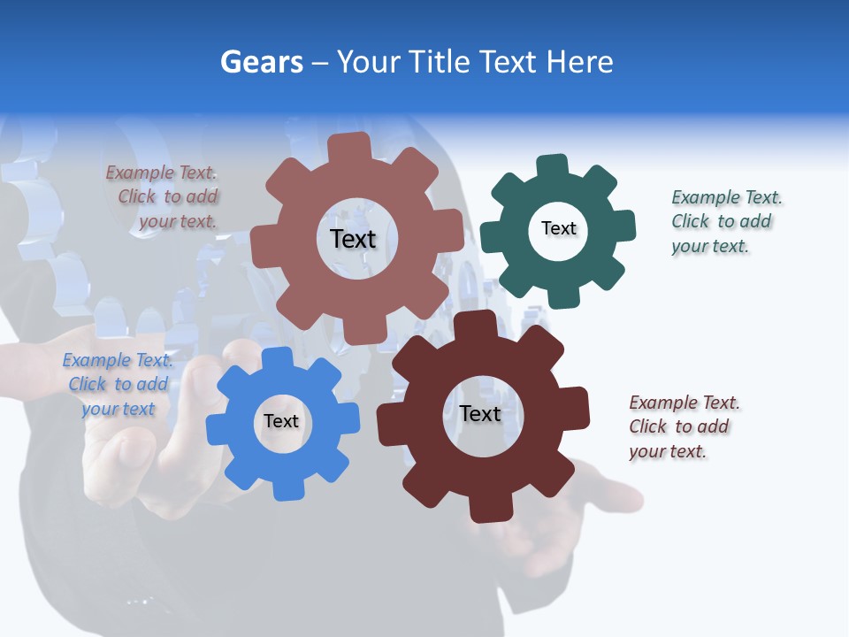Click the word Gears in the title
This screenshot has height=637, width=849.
(x=262, y=62)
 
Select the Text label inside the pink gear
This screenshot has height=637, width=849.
(x=353, y=239)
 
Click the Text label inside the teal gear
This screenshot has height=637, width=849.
(x=558, y=228)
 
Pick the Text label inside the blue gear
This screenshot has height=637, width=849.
(x=281, y=421)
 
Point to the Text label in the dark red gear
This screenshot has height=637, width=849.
(x=480, y=413)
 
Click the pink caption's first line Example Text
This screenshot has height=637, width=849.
(x=161, y=173)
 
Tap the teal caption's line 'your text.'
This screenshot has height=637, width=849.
(x=710, y=246)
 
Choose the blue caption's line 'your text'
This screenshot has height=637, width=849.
(x=118, y=409)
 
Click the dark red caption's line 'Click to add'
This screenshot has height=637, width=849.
(x=679, y=426)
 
